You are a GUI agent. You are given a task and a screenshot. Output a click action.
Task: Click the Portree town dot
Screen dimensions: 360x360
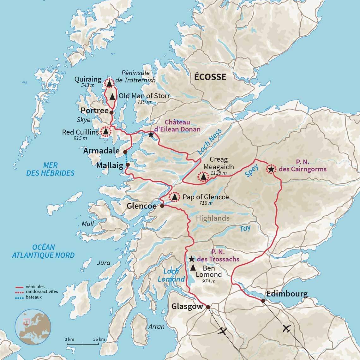point(111,112)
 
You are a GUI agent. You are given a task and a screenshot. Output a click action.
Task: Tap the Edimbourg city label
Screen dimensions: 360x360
point(287,294)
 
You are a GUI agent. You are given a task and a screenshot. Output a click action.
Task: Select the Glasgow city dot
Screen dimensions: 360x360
point(208,307)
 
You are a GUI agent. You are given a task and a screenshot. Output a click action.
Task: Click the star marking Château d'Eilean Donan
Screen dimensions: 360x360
point(151,135)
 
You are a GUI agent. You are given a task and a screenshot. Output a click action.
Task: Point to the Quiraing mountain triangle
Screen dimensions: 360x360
point(109,83)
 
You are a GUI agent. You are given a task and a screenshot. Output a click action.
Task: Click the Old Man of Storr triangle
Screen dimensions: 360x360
point(112,97)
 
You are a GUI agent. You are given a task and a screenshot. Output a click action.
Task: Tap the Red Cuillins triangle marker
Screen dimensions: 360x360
point(105,131)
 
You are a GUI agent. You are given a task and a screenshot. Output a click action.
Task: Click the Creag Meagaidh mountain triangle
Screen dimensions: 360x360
point(203,177)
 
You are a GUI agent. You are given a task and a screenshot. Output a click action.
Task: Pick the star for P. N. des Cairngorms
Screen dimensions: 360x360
point(271,169)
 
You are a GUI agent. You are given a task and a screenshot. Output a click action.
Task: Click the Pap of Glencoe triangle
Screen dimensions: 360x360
point(174,197)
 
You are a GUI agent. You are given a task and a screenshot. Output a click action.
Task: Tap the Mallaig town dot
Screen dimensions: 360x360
point(128,165)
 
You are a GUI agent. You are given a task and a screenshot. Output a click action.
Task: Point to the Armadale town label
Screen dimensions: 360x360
point(101,151)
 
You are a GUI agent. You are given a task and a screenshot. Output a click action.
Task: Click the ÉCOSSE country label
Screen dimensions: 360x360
point(210,77)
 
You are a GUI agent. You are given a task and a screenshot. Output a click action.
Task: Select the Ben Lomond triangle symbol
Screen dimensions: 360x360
point(193,267)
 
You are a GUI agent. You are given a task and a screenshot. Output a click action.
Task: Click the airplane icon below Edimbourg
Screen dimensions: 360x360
point(287,328)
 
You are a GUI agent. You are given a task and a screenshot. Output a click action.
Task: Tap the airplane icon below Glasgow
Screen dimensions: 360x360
point(223,331)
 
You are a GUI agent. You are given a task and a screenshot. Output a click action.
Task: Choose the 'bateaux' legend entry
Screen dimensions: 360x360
point(33,297)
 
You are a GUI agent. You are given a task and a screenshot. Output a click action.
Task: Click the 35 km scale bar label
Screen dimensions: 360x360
point(99,339)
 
